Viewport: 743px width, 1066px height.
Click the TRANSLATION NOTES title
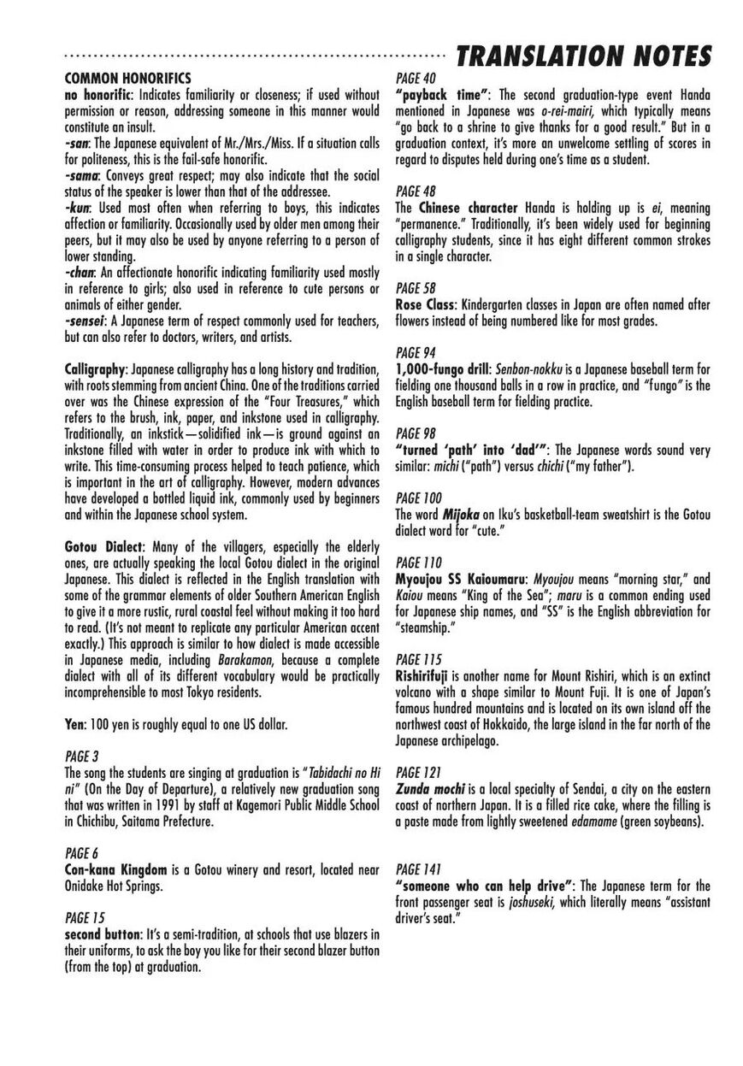(x=584, y=56)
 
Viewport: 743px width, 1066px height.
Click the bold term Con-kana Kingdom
(x=115, y=869)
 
